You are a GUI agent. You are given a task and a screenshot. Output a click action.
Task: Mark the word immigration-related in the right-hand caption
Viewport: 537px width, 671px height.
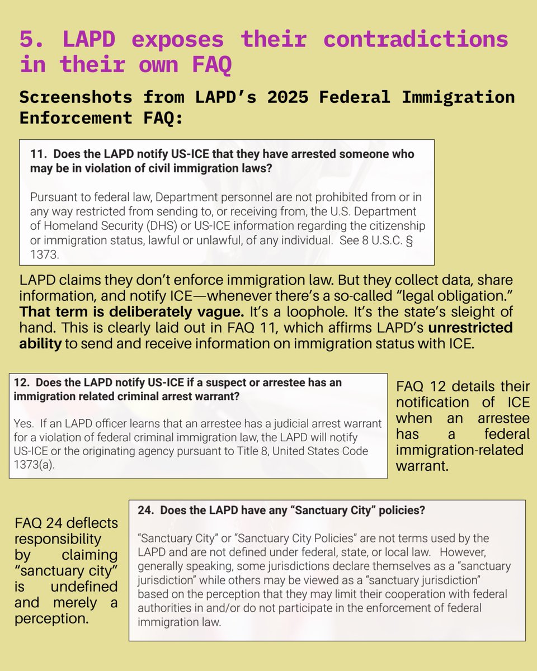tap(459, 450)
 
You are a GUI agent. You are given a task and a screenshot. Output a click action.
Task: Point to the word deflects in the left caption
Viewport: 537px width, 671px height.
tap(94, 523)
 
